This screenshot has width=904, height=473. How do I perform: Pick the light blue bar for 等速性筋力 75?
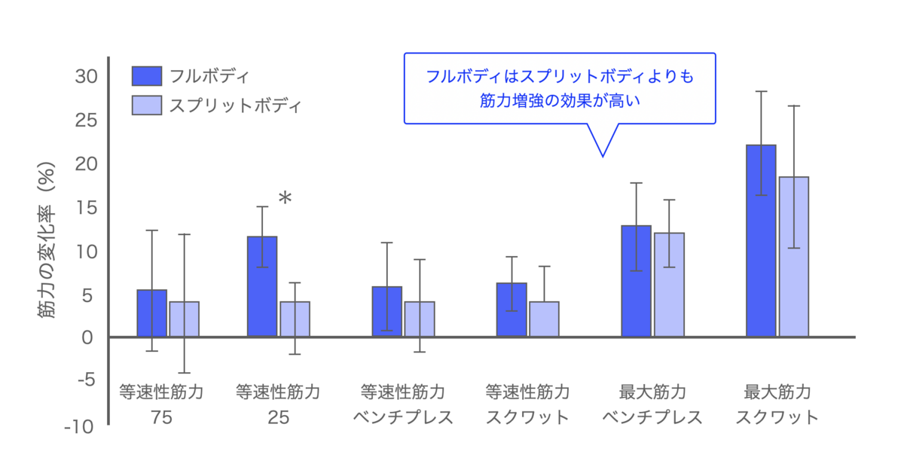(x=185, y=319)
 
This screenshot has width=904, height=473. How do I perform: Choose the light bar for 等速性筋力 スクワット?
(x=544, y=319)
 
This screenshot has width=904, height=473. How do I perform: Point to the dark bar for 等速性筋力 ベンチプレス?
(x=386, y=312)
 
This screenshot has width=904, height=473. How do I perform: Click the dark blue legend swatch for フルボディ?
(x=146, y=76)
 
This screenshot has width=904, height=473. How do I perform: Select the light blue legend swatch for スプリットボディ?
(x=146, y=105)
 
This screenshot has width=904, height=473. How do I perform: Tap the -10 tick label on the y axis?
(x=79, y=427)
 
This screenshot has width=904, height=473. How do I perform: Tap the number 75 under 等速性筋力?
(x=161, y=417)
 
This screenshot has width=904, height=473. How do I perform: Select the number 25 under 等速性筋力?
(x=278, y=417)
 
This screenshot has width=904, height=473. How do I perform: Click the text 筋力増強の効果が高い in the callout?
(x=559, y=99)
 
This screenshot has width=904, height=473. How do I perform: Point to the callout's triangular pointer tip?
(x=602, y=155)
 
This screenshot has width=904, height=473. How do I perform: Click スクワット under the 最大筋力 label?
(x=777, y=417)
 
